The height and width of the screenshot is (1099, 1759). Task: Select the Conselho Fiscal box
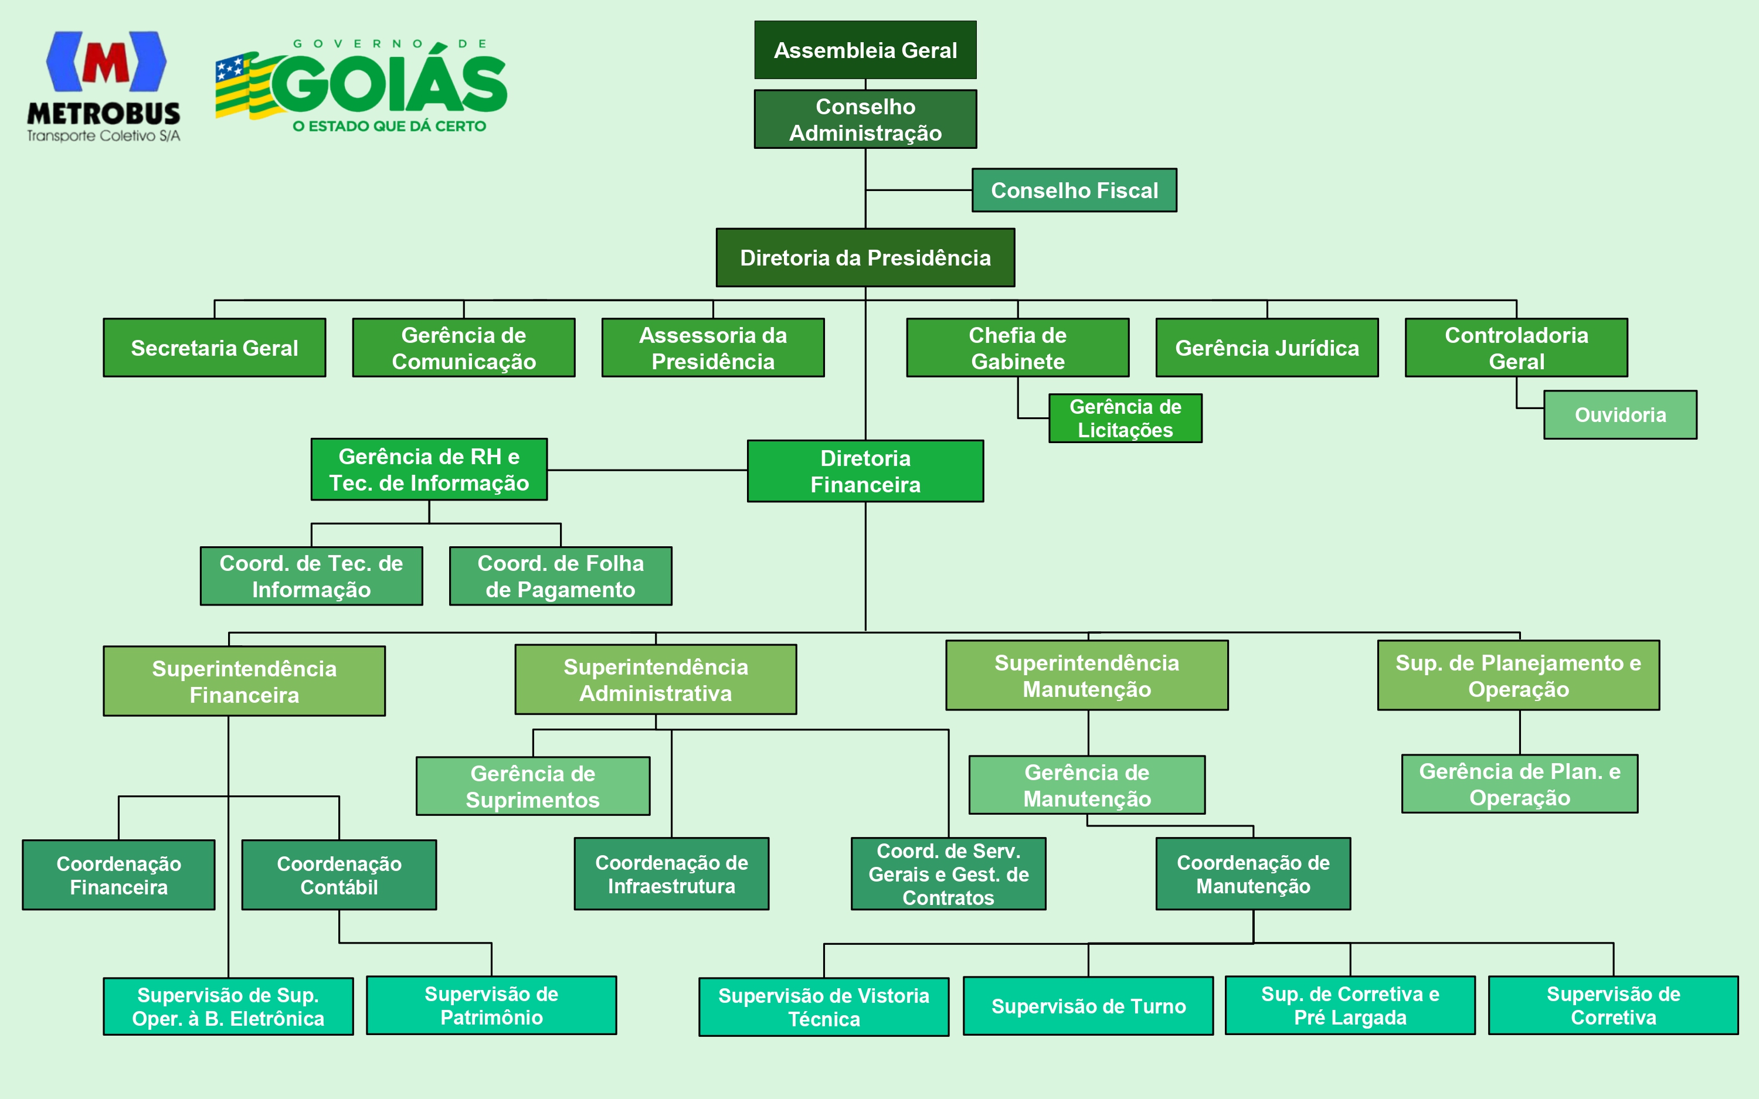[x=1074, y=190]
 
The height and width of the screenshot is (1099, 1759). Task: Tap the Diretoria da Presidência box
[x=865, y=257]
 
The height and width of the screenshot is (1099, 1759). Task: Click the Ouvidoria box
[x=1619, y=415]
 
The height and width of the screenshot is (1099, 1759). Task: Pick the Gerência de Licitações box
[x=1125, y=418]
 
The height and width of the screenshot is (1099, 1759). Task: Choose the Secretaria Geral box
[x=215, y=348]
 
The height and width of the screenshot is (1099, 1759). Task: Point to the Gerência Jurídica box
[x=1266, y=348]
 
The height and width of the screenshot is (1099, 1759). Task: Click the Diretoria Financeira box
[x=865, y=471]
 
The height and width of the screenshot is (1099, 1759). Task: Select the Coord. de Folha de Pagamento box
[x=561, y=576]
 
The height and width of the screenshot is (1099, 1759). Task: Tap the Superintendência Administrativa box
[x=656, y=679]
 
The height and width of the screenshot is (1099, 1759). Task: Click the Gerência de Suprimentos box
[x=533, y=786]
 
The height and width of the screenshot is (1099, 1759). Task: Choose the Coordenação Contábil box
[x=339, y=875]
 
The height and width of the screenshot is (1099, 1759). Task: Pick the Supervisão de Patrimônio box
[x=491, y=1005]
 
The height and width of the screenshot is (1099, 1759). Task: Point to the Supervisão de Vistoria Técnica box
[x=824, y=1007]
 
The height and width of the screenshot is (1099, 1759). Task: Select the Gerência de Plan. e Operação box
[x=1519, y=784]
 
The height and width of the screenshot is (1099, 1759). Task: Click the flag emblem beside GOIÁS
[x=243, y=86]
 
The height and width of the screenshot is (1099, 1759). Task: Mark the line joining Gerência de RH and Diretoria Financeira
[x=647, y=470]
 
